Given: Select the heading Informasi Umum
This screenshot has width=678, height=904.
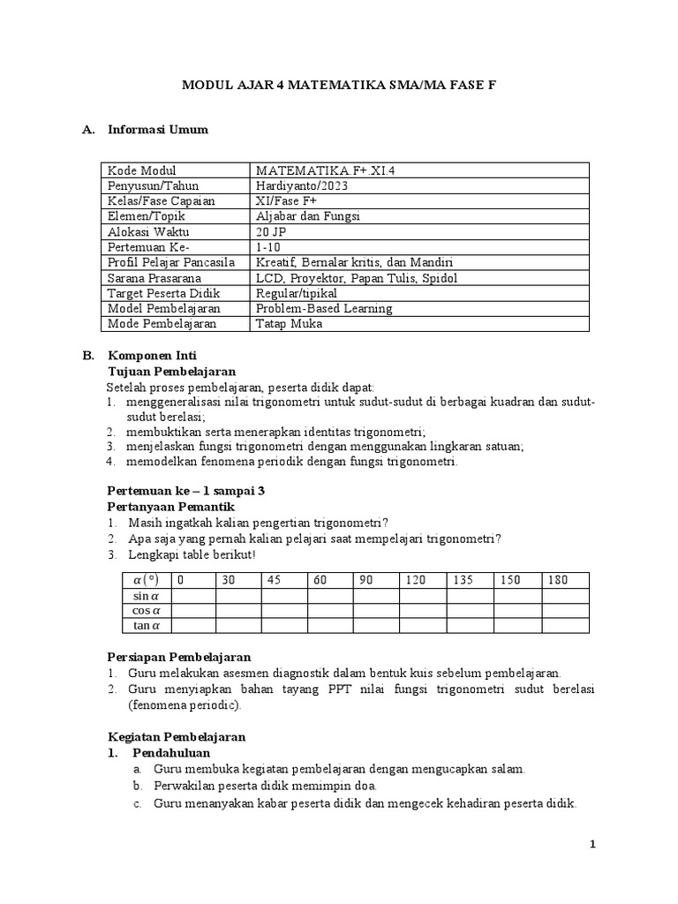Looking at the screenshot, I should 157,130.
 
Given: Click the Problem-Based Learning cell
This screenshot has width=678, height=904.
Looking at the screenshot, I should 324,309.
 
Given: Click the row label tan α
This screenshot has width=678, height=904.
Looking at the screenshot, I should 147,626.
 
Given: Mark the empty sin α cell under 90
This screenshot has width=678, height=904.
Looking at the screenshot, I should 376,596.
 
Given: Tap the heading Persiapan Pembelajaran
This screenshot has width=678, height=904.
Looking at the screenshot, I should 178,657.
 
